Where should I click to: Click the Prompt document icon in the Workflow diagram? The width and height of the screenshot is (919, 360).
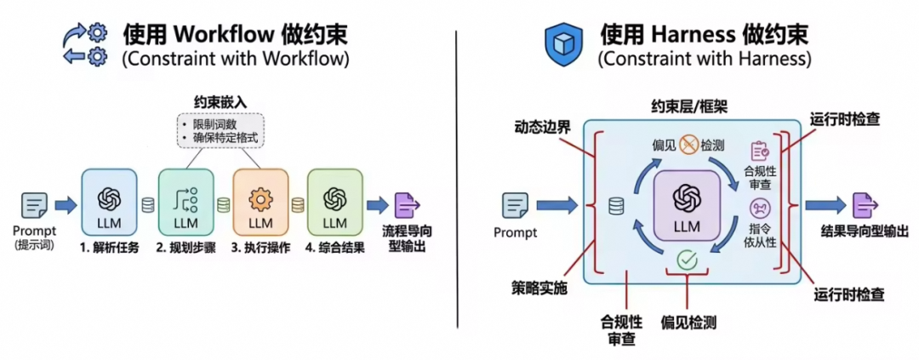click(35, 205)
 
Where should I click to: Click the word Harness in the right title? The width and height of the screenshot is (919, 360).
click(695, 35)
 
